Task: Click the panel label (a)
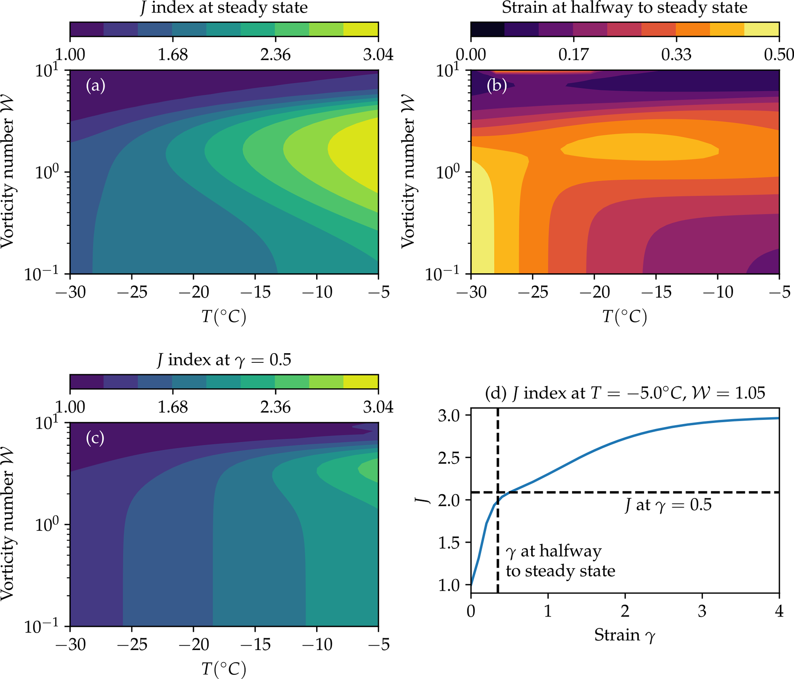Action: [95, 85]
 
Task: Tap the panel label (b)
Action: [496, 85]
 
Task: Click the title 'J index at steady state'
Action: [224, 8]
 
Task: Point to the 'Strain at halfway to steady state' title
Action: [624, 8]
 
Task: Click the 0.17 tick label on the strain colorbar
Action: [573, 55]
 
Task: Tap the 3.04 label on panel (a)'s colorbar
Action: [378, 55]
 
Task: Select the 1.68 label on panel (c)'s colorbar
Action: [172, 407]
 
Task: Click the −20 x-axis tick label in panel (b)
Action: [594, 292]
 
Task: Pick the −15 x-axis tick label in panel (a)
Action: [255, 292]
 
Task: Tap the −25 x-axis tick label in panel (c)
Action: [132, 645]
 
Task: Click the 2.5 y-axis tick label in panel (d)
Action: [449, 458]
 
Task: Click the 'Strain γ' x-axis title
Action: [625, 635]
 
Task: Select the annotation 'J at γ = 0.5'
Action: [668, 505]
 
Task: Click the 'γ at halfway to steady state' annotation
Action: [560, 561]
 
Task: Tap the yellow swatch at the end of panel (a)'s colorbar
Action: [361, 29]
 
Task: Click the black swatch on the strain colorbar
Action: [487, 29]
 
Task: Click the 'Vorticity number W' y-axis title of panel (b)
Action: [408, 172]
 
